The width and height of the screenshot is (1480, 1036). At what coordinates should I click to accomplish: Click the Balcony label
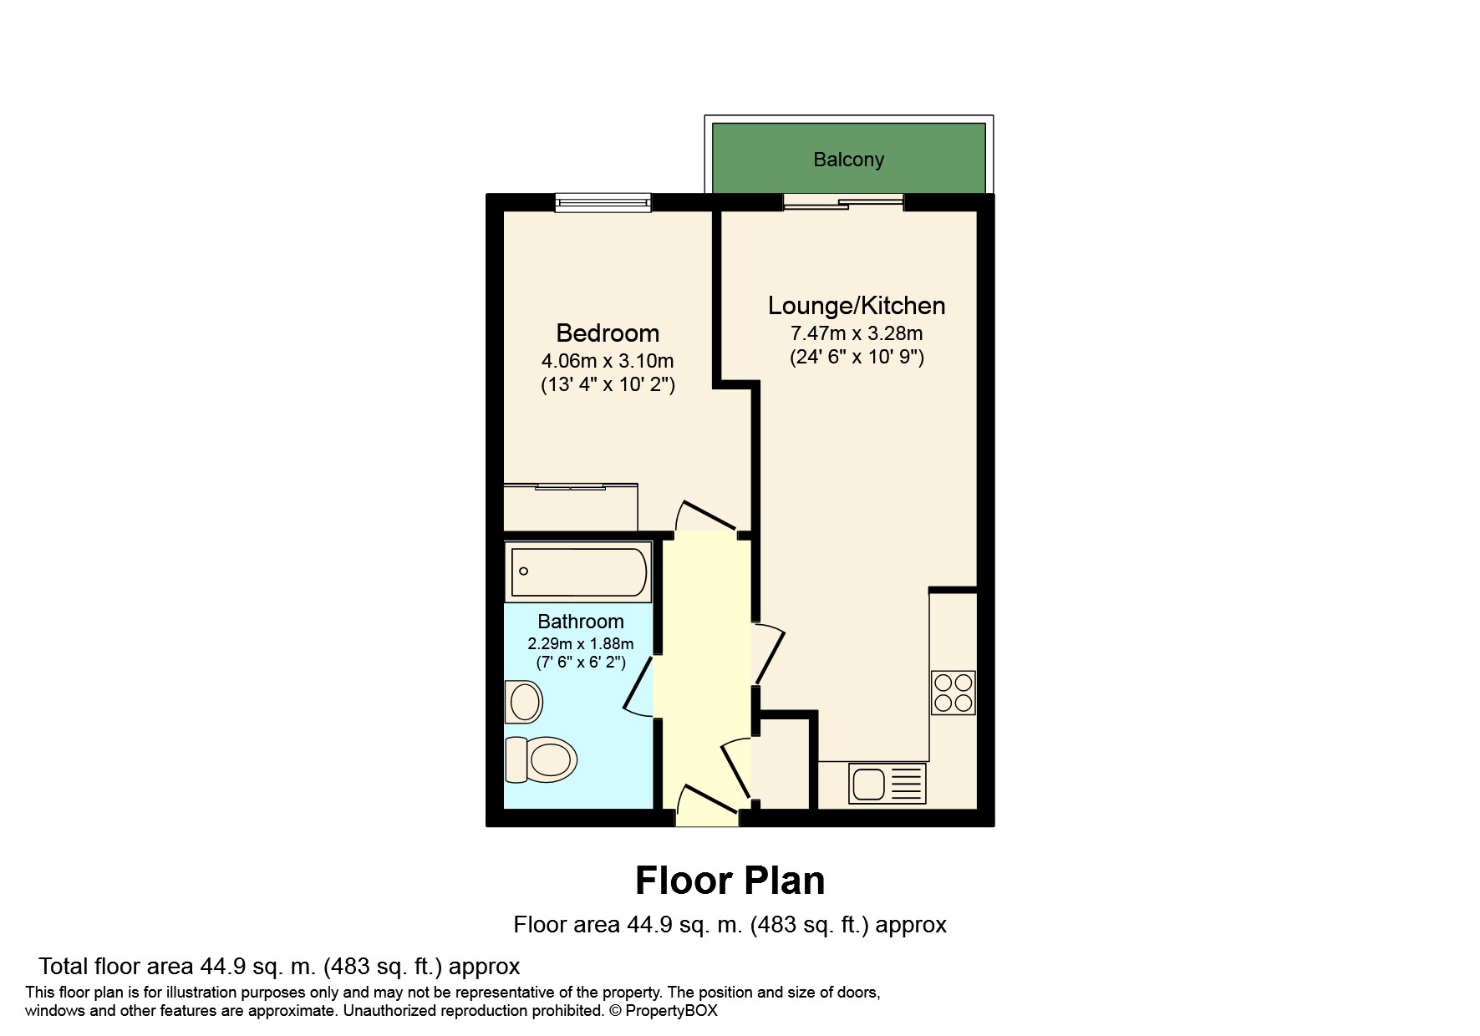848,160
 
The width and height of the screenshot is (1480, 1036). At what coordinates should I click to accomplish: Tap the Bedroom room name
608,333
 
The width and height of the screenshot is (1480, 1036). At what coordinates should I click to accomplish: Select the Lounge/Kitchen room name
857,306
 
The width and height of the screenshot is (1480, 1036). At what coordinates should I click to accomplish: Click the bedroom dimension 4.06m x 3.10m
608,362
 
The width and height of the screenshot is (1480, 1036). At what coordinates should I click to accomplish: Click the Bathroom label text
581,622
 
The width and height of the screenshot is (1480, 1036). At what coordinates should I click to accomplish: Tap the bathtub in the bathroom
578,572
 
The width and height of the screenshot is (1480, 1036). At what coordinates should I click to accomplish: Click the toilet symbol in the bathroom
542,759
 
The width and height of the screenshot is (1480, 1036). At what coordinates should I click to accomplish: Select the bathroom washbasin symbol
524,702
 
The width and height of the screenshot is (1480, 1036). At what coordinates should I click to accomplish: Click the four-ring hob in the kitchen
954,693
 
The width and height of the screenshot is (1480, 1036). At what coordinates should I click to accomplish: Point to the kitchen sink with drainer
887,784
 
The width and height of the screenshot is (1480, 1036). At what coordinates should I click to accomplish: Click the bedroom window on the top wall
603,201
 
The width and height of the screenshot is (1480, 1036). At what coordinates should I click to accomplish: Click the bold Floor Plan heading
730,881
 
